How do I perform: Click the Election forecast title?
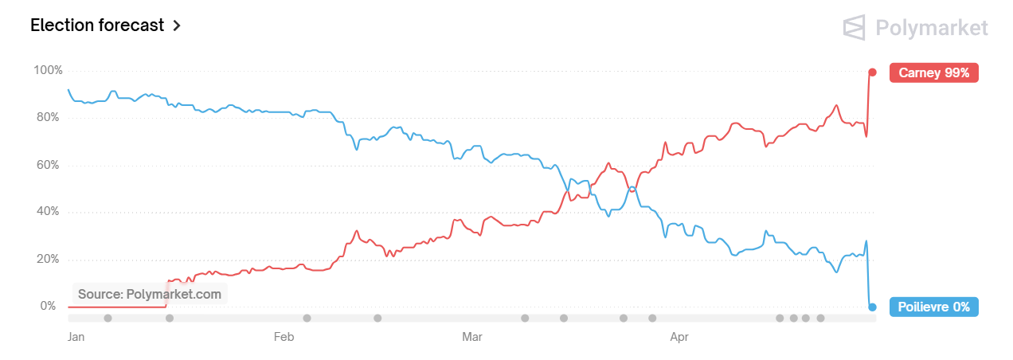click(x=97, y=25)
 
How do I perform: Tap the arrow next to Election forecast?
click(x=177, y=25)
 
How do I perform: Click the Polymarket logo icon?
click(x=855, y=27)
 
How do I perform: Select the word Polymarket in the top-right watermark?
click(x=931, y=29)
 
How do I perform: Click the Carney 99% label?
click(x=933, y=72)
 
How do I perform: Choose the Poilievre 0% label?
click(x=933, y=307)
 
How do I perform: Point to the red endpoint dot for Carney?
click(x=872, y=72)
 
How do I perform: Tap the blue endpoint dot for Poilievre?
click(x=872, y=307)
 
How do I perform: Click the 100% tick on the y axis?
click(x=48, y=70)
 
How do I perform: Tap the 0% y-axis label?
click(x=49, y=306)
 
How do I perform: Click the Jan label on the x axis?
click(x=76, y=338)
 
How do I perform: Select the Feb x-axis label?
click(x=284, y=338)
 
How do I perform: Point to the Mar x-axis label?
click(x=472, y=338)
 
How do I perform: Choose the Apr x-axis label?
click(x=679, y=338)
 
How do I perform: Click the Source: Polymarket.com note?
click(x=150, y=294)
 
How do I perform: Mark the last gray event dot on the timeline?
click(x=820, y=319)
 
